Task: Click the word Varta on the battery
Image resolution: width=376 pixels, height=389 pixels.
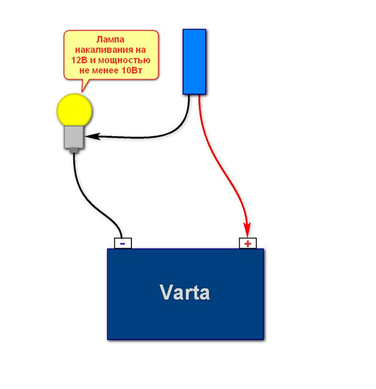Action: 184,292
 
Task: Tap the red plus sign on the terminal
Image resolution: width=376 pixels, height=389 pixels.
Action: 248,244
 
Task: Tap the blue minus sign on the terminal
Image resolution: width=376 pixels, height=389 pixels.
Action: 122,244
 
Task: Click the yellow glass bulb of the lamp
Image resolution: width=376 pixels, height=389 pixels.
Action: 74,110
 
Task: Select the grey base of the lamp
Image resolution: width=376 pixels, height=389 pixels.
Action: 74,137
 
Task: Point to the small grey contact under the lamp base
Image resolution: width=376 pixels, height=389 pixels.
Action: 74,150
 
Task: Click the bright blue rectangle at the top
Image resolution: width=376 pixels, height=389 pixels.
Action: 194,62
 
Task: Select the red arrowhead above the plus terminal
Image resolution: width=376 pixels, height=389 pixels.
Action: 247,230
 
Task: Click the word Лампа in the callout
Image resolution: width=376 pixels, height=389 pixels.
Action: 110,40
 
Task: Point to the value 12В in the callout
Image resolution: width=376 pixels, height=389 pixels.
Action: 79,60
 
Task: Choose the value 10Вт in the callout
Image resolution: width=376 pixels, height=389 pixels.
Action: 132,71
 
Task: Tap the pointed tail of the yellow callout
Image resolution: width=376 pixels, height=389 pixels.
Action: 82,91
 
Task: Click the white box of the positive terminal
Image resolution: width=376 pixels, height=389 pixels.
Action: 248,243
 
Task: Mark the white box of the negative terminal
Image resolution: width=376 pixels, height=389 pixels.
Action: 123,243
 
